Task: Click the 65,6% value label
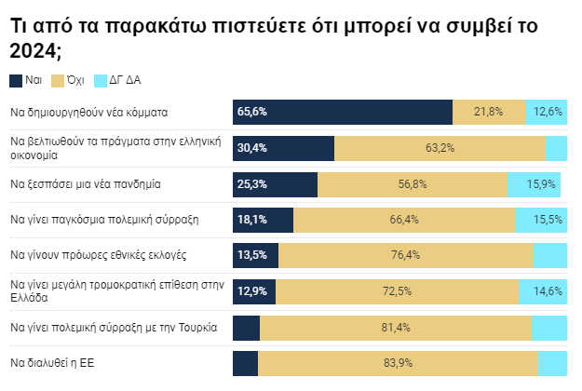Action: coord(252,112)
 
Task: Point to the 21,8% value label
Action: coord(488,112)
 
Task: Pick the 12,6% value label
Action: coord(548,112)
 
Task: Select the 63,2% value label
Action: coord(439,148)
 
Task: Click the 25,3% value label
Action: coord(252,184)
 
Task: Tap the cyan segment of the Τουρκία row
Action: coord(549,328)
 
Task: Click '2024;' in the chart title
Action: coord(34,49)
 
